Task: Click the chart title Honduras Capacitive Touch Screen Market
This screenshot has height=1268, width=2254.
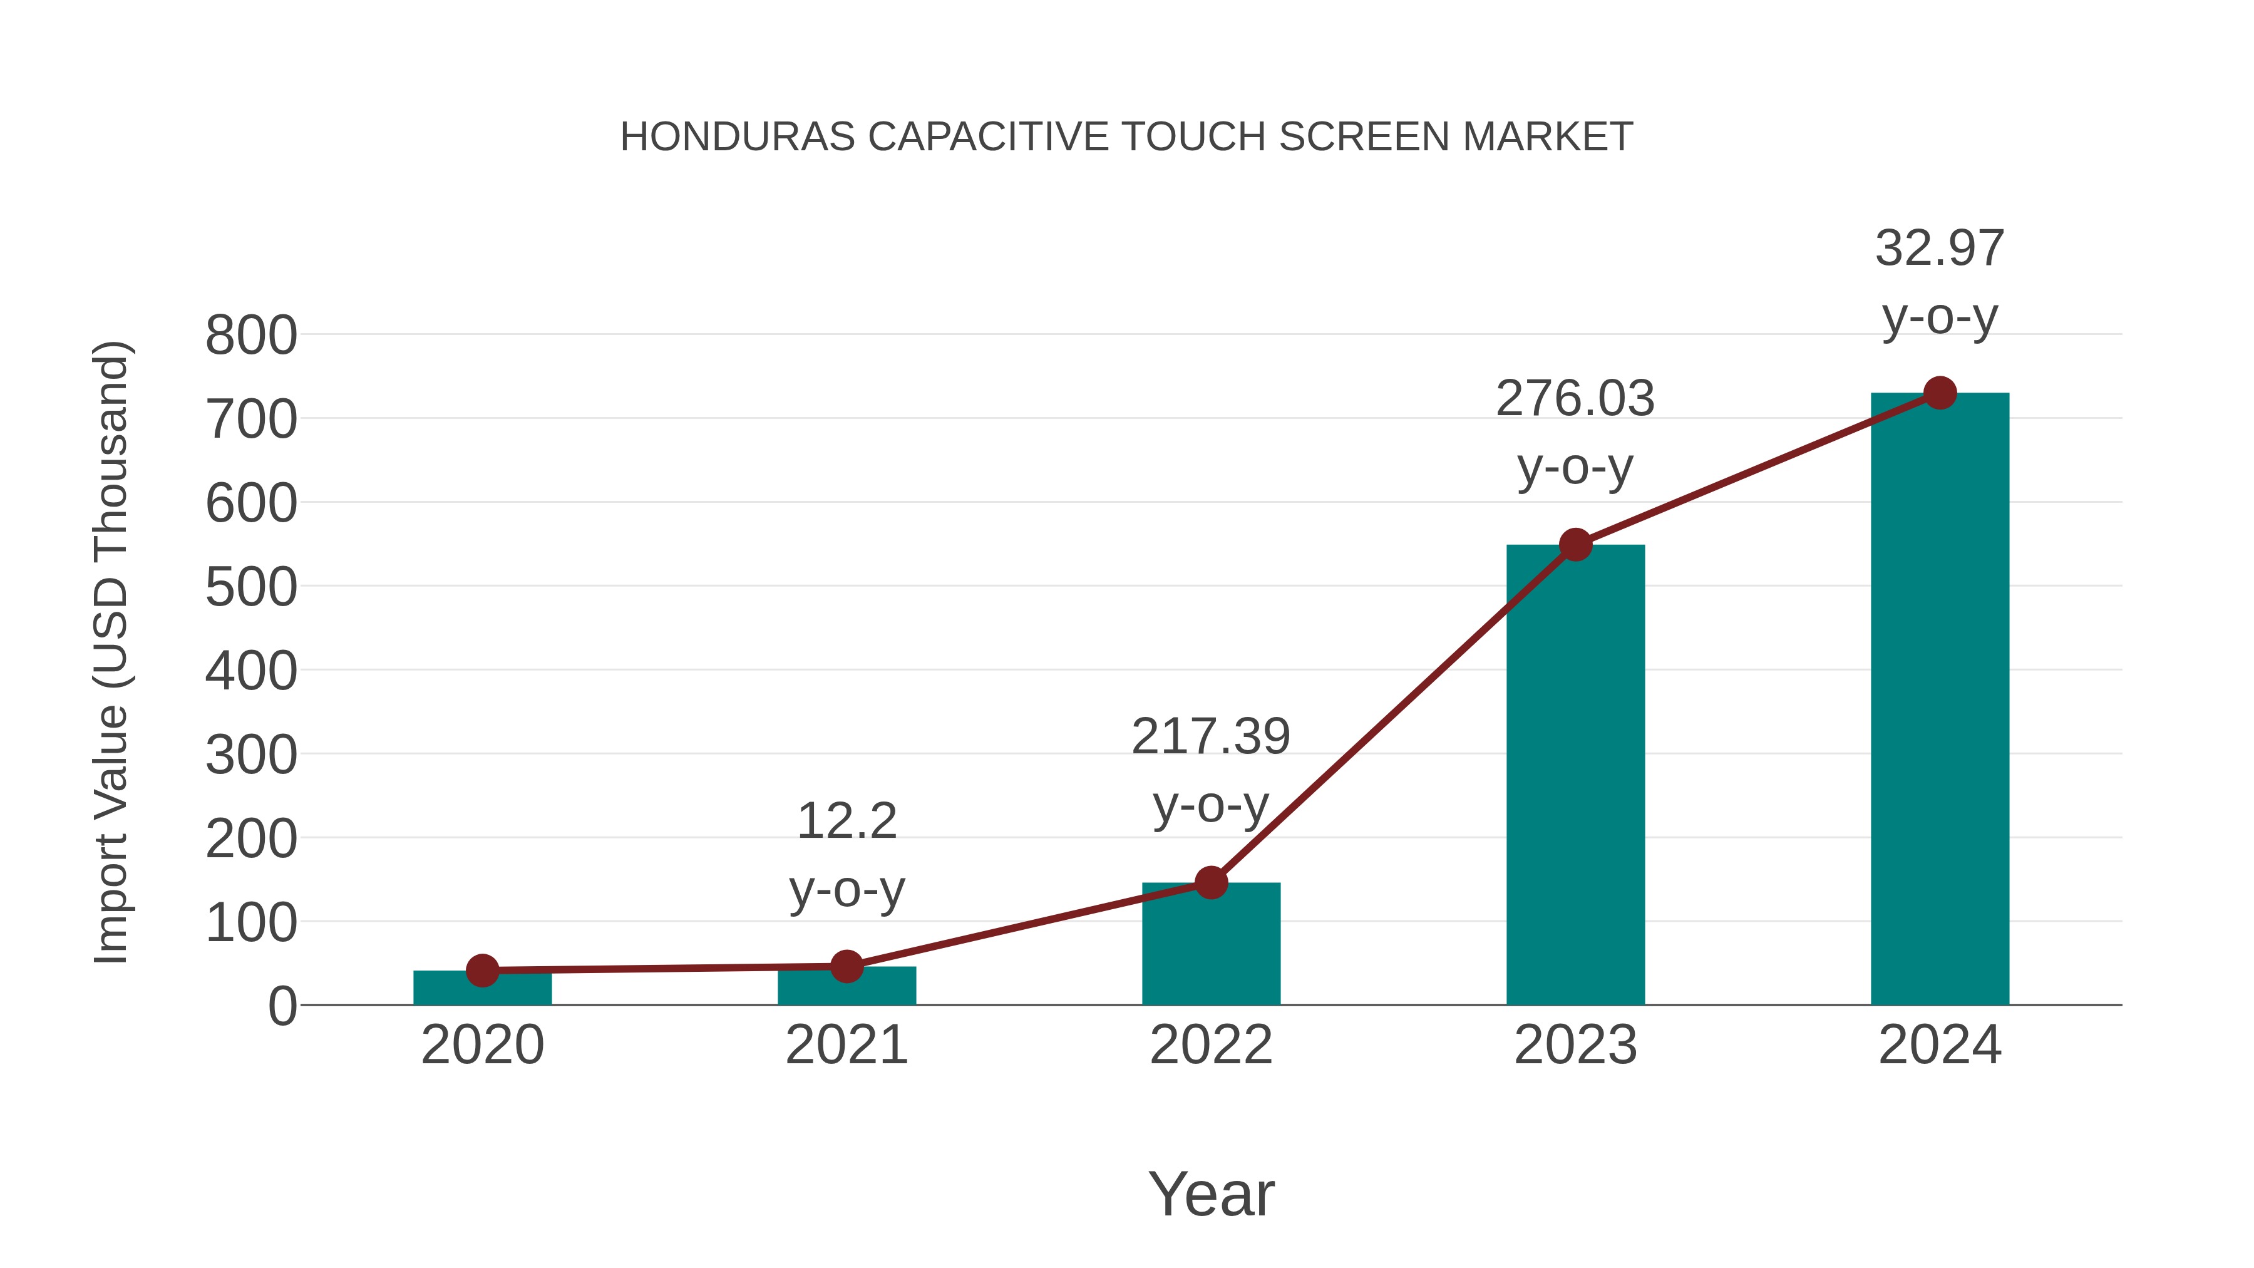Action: tap(1126, 137)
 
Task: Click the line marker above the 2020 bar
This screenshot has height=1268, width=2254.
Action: tap(483, 971)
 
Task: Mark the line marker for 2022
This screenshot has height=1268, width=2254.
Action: tap(1211, 883)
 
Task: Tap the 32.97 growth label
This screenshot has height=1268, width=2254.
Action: tap(1940, 249)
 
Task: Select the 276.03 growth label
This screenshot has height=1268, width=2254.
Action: tap(1575, 399)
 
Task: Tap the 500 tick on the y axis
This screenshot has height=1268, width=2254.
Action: tap(251, 587)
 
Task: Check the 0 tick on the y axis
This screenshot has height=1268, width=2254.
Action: tap(282, 1006)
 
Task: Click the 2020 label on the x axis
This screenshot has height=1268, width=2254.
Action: tap(483, 1046)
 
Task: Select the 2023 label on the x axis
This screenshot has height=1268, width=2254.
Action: tap(1575, 1046)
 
